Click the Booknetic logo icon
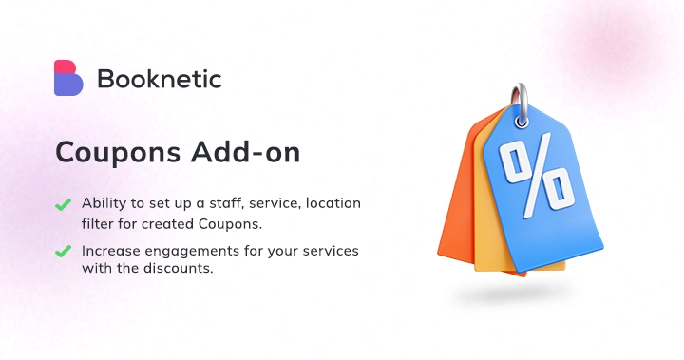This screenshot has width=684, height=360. [68, 78]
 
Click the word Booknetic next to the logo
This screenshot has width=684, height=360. [159, 79]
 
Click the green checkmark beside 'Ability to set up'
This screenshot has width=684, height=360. [64, 204]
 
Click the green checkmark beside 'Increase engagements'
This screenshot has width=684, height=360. [64, 252]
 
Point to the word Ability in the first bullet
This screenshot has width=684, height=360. [102, 204]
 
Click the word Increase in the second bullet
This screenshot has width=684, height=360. [110, 251]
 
